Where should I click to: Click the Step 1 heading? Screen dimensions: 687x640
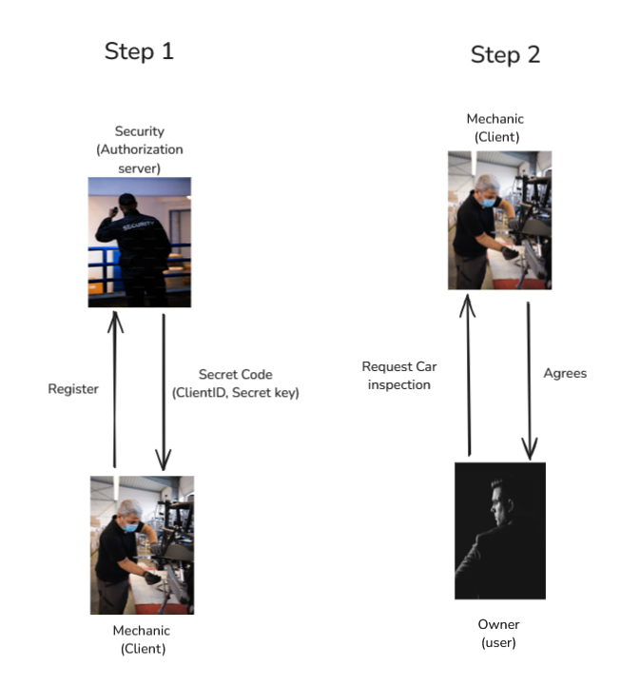(x=139, y=51)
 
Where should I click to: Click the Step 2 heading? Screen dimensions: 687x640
(x=505, y=55)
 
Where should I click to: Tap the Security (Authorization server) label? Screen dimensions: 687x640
(x=139, y=149)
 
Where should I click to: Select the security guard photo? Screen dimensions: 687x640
(x=139, y=242)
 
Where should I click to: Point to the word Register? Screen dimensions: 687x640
(x=73, y=389)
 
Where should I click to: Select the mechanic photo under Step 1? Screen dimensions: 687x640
(x=142, y=544)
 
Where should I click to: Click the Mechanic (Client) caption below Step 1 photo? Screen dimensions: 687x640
(x=143, y=639)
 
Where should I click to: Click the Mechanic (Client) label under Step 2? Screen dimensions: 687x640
(x=495, y=128)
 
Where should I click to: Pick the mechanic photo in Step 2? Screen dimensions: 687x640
(x=499, y=220)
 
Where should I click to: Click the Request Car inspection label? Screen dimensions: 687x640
(x=398, y=376)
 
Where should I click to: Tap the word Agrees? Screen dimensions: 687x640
(x=565, y=373)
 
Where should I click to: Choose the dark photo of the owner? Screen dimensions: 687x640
(x=499, y=529)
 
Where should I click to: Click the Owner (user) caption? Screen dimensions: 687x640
(x=498, y=633)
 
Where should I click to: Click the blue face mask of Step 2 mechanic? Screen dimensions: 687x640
(x=489, y=202)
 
